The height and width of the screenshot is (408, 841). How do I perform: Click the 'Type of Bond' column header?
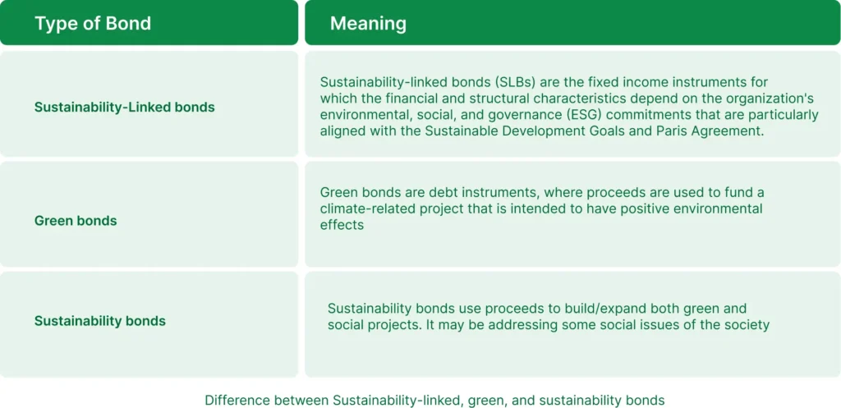coord(93,24)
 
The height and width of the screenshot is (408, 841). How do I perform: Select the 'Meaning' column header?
coord(368,24)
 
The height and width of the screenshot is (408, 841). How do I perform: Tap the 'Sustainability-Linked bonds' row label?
coord(125,108)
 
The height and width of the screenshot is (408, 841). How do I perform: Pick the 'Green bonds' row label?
coord(76,220)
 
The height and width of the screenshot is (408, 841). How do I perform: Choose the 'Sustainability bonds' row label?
coord(99,321)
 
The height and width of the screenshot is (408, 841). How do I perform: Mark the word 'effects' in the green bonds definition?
coord(342,225)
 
